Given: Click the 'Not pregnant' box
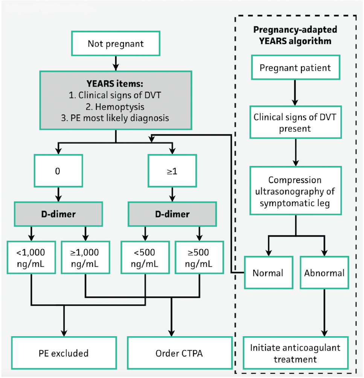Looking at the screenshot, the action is [116, 43].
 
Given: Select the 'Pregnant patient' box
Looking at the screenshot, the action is [295, 67].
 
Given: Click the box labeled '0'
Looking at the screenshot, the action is [58, 171].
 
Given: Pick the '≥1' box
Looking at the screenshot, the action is [172, 171].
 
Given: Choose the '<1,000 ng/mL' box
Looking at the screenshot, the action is [31, 258].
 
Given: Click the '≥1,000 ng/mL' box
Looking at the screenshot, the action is [85, 258].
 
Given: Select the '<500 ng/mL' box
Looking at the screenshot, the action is [145, 258].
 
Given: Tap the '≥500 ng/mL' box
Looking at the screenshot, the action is [199, 258].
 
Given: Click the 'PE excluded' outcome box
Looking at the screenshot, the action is [64, 353].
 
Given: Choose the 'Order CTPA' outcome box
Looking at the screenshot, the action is [180, 353].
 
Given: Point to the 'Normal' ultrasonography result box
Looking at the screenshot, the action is [269, 273].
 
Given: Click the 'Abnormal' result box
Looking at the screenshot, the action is [324, 273].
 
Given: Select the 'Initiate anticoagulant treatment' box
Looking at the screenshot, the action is [296, 353].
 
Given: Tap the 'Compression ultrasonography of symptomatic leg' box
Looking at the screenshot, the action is [296, 190].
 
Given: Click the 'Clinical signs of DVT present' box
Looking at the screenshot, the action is [296, 122].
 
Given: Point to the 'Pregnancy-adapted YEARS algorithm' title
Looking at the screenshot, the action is [295, 35].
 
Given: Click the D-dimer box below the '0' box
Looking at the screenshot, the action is [58, 214].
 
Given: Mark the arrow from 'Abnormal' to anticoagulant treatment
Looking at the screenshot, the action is [324, 313].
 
